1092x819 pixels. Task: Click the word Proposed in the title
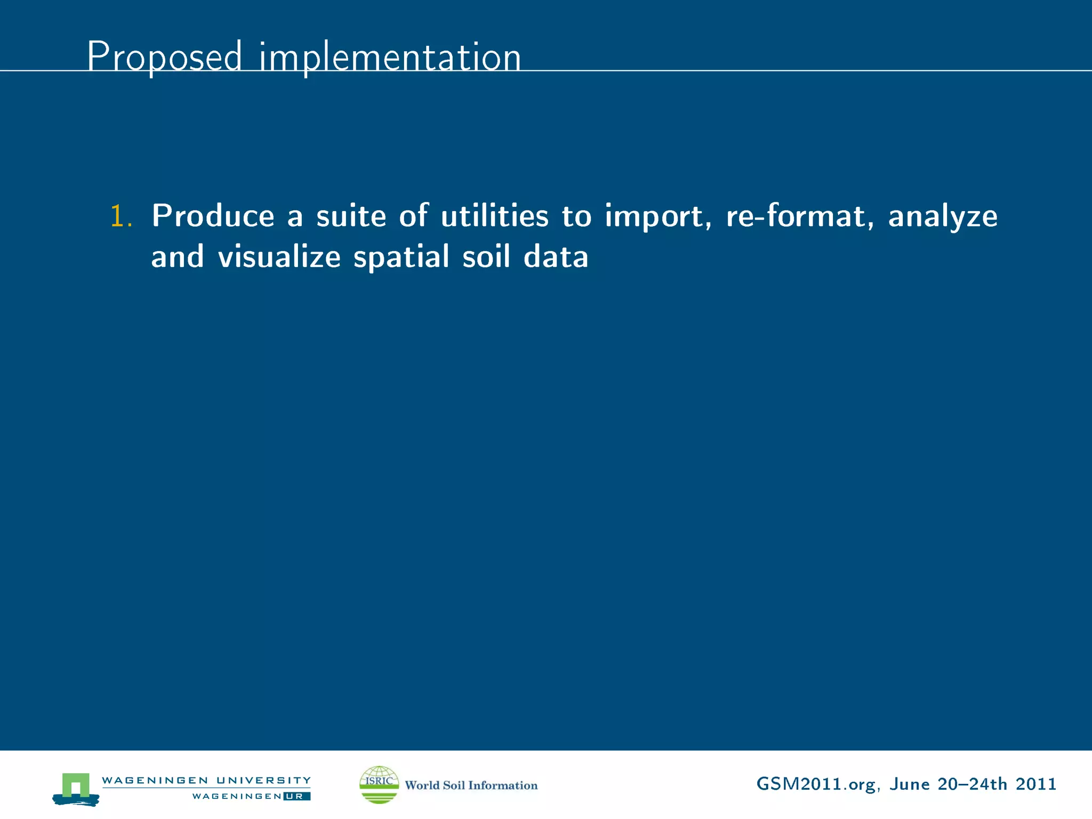click(164, 57)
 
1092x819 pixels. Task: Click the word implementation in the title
click(390, 58)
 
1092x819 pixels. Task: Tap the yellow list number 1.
click(121, 217)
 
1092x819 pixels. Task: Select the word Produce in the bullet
click(213, 216)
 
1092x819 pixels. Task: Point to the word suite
click(351, 216)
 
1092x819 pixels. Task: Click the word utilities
click(494, 216)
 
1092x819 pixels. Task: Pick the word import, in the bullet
click(658, 217)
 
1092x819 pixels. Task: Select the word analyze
click(942, 217)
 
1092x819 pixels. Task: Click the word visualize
click(279, 257)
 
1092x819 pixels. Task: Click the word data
click(556, 257)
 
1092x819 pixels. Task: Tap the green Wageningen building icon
click(76, 788)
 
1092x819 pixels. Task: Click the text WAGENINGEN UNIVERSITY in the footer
click(206, 780)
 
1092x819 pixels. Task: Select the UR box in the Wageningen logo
click(296, 796)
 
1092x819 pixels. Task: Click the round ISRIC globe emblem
click(379, 784)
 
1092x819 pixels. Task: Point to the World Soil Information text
click(471, 785)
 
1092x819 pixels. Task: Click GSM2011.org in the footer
click(816, 784)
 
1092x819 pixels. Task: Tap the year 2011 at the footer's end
click(1035, 784)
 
